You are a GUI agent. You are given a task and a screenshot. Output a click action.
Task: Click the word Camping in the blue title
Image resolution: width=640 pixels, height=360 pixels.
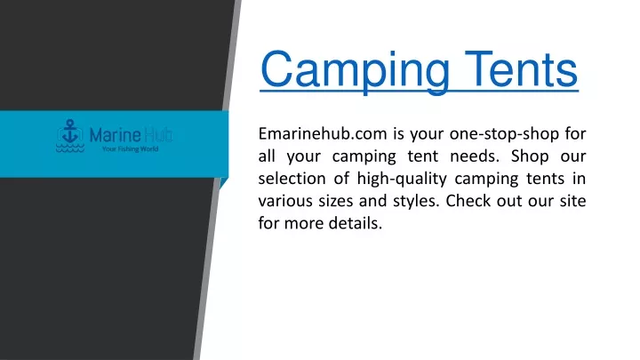pos(355,70)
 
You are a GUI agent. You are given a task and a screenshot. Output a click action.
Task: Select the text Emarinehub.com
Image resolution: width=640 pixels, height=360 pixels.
pos(323,133)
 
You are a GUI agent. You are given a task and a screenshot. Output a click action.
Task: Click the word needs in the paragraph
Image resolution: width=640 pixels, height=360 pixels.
pos(475,156)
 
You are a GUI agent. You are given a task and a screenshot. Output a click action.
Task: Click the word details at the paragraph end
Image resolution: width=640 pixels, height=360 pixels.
pos(355,223)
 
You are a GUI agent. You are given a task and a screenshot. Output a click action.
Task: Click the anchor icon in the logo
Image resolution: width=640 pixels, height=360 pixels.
pos(70,132)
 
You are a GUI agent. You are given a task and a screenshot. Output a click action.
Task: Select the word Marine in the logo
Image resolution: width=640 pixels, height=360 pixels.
pos(115,135)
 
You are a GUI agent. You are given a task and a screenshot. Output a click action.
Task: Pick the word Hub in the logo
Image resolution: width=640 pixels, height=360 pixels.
pos(158,135)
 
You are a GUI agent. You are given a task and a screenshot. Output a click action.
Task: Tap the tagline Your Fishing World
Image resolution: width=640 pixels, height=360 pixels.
pos(130,149)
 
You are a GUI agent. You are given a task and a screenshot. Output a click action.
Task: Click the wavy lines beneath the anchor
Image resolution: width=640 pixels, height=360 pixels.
pos(70,148)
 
